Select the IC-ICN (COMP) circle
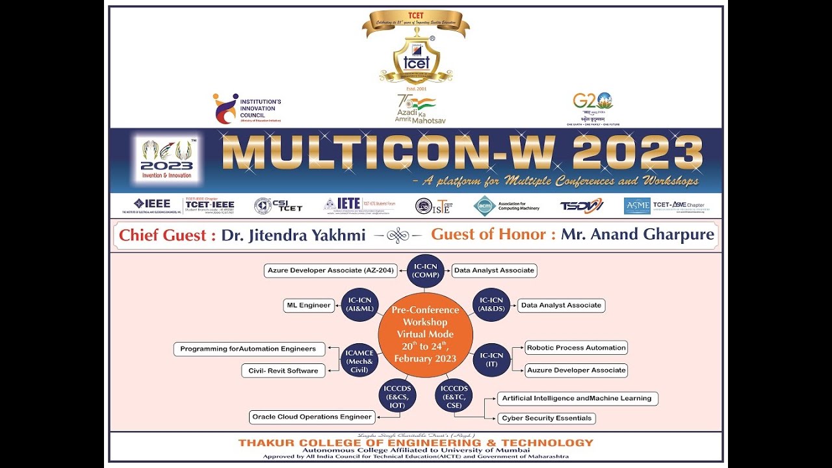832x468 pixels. [x=426, y=270]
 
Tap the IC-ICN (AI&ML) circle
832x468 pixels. [x=360, y=305]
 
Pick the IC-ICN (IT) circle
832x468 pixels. [x=491, y=359]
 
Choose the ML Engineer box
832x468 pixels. [x=309, y=305]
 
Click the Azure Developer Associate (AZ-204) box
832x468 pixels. [x=331, y=270]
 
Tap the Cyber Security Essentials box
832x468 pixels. [x=547, y=418]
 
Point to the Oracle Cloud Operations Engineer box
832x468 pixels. [x=312, y=417]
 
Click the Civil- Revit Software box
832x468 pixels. [x=283, y=370]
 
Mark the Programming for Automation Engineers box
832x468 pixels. [x=249, y=349]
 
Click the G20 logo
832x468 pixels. [x=593, y=108]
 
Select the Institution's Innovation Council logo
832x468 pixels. [x=247, y=109]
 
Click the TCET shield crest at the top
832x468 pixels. [x=416, y=58]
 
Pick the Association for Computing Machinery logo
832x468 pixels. [x=508, y=206]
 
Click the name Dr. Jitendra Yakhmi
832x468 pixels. [x=293, y=235]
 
